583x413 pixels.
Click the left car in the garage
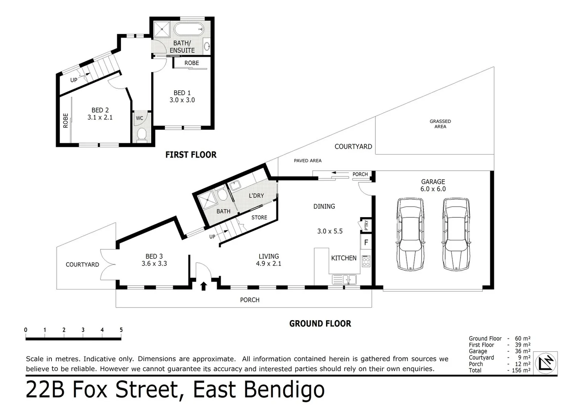tap(410, 234)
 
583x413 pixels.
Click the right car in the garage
tap(456, 234)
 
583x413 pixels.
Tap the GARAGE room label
tap(433, 182)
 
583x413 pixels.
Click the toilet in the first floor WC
tap(142, 135)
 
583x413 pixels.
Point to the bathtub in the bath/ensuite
tap(189, 29)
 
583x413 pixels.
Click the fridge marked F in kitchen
tap(366, 242)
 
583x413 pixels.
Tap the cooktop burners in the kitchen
tap(366, 262)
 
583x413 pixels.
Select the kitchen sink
tap(344, 280)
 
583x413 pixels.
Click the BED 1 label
tap(182, 93)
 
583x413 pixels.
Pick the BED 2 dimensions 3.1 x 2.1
tap(100, 117)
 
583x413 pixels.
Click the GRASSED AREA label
tap(440, 124)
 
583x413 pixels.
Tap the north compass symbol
tap(546, 363)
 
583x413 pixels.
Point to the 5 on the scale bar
tap(121, 330)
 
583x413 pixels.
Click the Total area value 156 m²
tap(521, 370)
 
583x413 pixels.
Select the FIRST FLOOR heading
tap(191, 154)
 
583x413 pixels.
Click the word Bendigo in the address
tap(284, 390)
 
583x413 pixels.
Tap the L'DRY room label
tap(256, 195)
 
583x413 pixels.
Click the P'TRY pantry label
tap(366, 225)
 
